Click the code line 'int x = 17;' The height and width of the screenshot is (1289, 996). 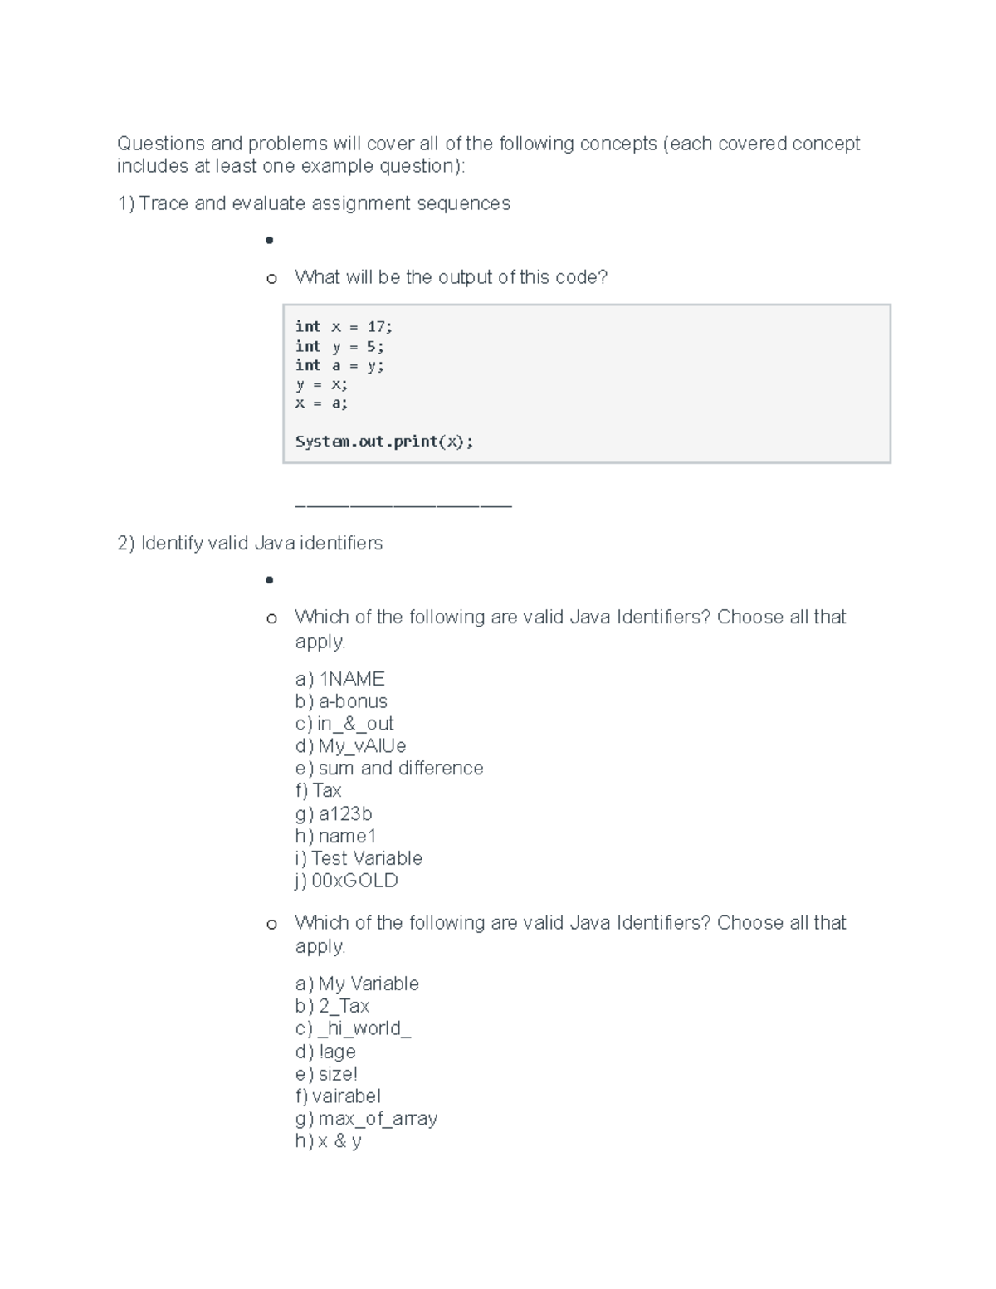tap(344, 327)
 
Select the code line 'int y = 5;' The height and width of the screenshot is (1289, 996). tap(339, 347)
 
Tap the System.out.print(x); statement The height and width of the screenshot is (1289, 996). tap(384, 442)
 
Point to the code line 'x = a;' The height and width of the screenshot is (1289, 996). tap(322, 403)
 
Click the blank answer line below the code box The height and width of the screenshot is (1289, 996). tap(403, 505)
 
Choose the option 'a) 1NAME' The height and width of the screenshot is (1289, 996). tap(339, 679)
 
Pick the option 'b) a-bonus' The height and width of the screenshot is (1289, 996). tap(341, 701)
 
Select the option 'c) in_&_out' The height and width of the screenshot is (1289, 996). tap(344, 724)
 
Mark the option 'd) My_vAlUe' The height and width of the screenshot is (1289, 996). tap(350, 746)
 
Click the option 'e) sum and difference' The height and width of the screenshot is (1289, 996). tap(388, 769)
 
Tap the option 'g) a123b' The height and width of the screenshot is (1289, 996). tap(334, 813)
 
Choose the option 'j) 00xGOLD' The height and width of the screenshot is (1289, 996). tap(346, 881)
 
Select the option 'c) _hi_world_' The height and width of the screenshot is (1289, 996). tap(353, 1028)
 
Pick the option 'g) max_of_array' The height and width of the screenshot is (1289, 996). tap(366, 1119)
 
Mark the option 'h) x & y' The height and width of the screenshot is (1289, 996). tap(328, 1141)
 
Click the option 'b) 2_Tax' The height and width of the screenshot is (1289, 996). tap(332, 1006)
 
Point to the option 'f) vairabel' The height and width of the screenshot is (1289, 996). tap(338, 1096)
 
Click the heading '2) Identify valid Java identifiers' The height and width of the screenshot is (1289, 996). tap(250, 544)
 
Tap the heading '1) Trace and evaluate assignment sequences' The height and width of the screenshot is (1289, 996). tap(314, 203)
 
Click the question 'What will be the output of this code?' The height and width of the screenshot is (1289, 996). tap(451, 277)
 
